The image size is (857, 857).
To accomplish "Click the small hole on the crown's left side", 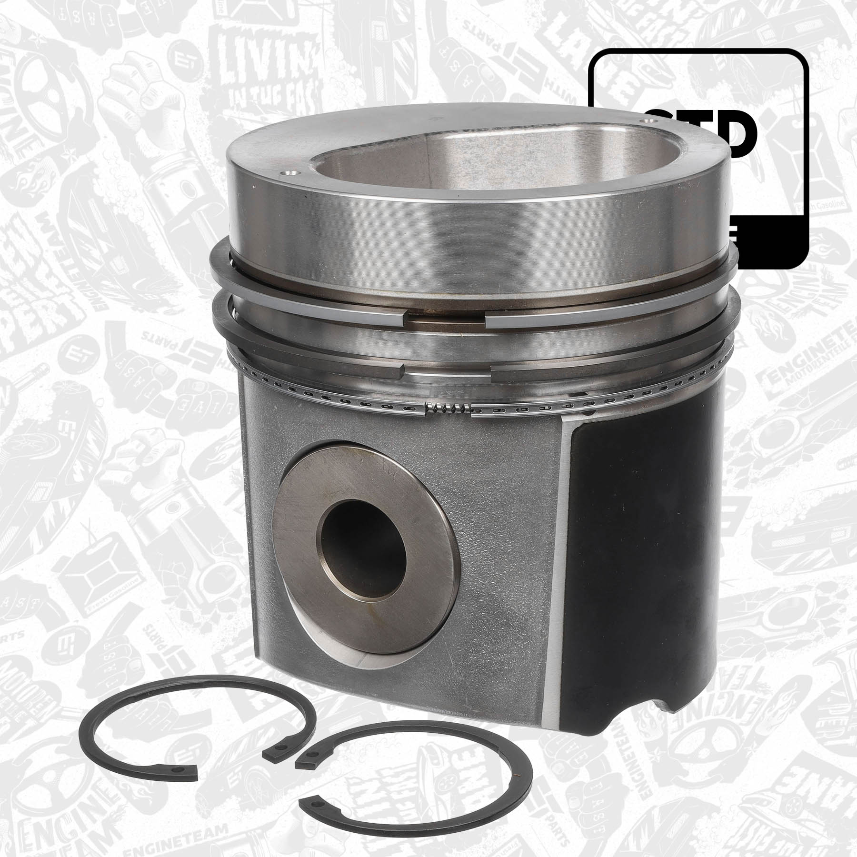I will (x=291, y=175).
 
